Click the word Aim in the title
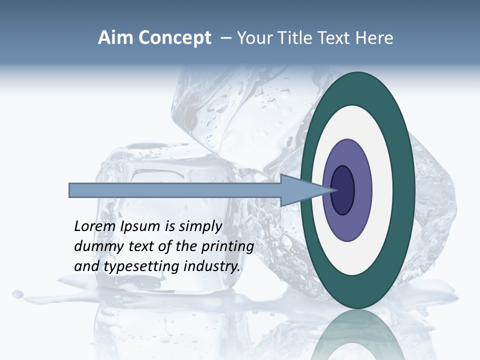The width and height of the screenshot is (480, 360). (x=116, y=38)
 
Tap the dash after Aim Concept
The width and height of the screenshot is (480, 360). (x=226, y=38)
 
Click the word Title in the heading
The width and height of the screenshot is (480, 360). (x=298, y=38)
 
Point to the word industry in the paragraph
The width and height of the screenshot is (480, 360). (x=212, y=266)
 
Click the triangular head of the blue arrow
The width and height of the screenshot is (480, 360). (x=300, y=190)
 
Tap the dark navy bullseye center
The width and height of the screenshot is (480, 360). (x=343, y=190)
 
